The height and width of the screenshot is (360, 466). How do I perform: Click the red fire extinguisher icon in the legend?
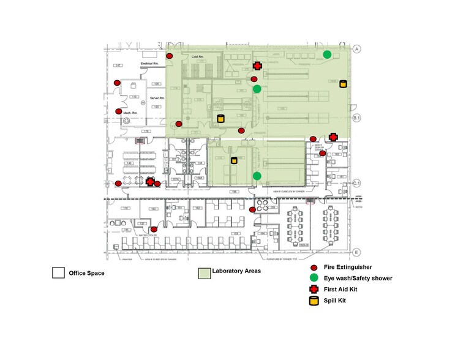coord(314,268)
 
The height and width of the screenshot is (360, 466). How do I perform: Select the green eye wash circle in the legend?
coord(314,278)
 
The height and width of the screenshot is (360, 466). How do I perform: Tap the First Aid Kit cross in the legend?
coord(314,289)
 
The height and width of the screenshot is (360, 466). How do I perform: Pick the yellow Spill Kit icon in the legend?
coord(314,300)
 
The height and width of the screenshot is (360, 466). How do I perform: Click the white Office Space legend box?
coord(58,272)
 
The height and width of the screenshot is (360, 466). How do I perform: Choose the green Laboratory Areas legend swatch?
coord(203,272)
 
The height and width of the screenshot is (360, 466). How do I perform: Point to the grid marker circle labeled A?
coord(356,48)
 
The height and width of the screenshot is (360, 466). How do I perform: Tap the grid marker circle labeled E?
coord(356,252)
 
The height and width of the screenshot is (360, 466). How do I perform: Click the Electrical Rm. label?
coord(150,64)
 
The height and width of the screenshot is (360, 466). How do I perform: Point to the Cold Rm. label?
coord(197,57)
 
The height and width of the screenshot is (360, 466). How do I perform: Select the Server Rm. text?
coord(157,98)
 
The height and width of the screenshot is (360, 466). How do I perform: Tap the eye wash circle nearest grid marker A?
coord(328,54)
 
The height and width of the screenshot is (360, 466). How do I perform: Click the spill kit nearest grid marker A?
coord(343,83)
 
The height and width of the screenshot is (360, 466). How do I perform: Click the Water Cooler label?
coord(149,234)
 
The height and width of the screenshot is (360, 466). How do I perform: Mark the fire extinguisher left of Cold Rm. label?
coord(170,56)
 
